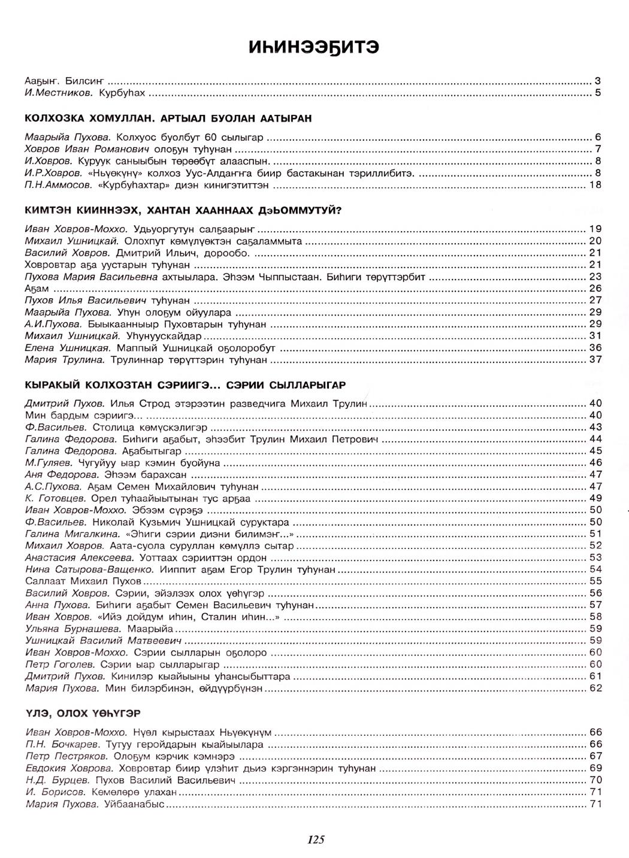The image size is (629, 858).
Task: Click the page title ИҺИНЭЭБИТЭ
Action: (x=314, y=47)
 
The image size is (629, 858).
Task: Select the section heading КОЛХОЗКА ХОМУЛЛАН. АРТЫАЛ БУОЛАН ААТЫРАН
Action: (x=168, y=119)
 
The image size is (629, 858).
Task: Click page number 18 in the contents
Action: (x=595, y=186)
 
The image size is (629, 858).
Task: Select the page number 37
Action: (x=595, y=360)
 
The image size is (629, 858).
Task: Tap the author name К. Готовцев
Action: (x=56, y=498)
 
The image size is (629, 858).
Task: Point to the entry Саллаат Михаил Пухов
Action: (x=83, y=581)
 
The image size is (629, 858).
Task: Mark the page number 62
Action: (x=595, y=689)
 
